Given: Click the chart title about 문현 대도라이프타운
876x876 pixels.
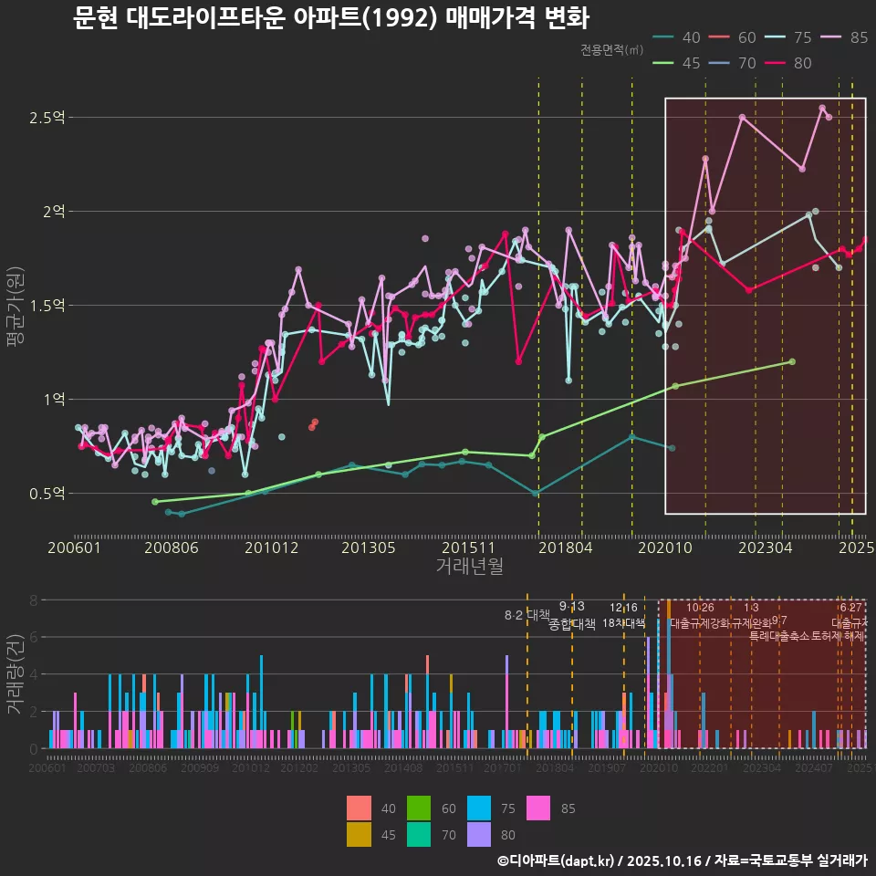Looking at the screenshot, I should [330, 17].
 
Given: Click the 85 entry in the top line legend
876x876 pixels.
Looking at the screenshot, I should [859, 37].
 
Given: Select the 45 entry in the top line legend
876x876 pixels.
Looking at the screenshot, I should [691, 63].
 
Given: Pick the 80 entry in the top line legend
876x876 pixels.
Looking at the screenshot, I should [803, 63].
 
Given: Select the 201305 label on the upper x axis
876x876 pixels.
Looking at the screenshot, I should [368, 547].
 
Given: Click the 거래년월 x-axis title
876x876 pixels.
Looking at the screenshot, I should [469, 566].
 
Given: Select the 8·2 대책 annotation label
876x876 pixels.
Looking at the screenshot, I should [527, 615].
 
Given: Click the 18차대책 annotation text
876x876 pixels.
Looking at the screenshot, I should [623, 623].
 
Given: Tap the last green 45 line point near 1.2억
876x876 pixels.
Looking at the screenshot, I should [792, 361].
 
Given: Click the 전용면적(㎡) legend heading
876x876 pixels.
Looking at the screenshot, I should [611, 50].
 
